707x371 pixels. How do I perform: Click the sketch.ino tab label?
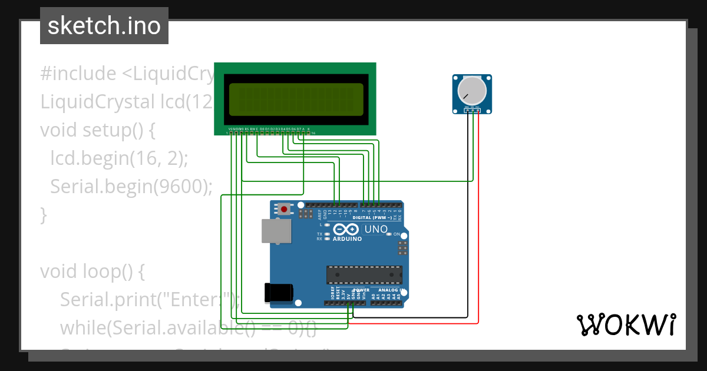pyautogui.click(x=104, y=26)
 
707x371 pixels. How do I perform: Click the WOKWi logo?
pyautogui.click(x=626, y=324)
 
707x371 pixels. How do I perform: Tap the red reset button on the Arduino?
pyautogui.click(x=285, y=209)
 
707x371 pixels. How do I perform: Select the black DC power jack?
pyautogui.click(x=279, y=292)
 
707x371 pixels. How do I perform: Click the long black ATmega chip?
pyautogui.click(x=365, y=275)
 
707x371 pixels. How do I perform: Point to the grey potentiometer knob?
pyautogui.click(x=473, y=90)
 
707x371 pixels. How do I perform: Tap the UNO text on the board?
pyautogui.click(x=376, y=229)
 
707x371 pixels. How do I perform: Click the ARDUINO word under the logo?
pyautogui.click(x=347, y=239)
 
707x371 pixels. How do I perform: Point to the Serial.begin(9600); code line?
pyautogui.click(x=131, y=186)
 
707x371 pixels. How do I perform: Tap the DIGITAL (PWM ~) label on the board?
pyautogui.click(x=371, y=217)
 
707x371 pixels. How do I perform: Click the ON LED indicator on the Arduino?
pyautogui.click(x=388, y=234)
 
